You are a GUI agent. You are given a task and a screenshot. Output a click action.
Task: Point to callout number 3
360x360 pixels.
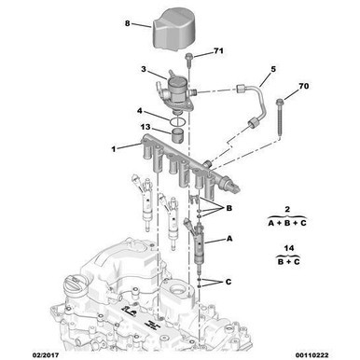click(x=144, y=69)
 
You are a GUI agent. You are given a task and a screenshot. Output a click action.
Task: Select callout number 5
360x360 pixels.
click(x=273, y=69)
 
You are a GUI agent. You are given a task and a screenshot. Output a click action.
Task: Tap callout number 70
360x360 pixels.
click(x=303, y=88)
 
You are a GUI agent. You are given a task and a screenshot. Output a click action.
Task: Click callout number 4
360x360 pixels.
click(x=140, y=111)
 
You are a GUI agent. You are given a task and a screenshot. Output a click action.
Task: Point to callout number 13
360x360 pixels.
click(x=145, y=127)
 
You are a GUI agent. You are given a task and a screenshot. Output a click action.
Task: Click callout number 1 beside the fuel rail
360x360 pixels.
click(x=114, y=148)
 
